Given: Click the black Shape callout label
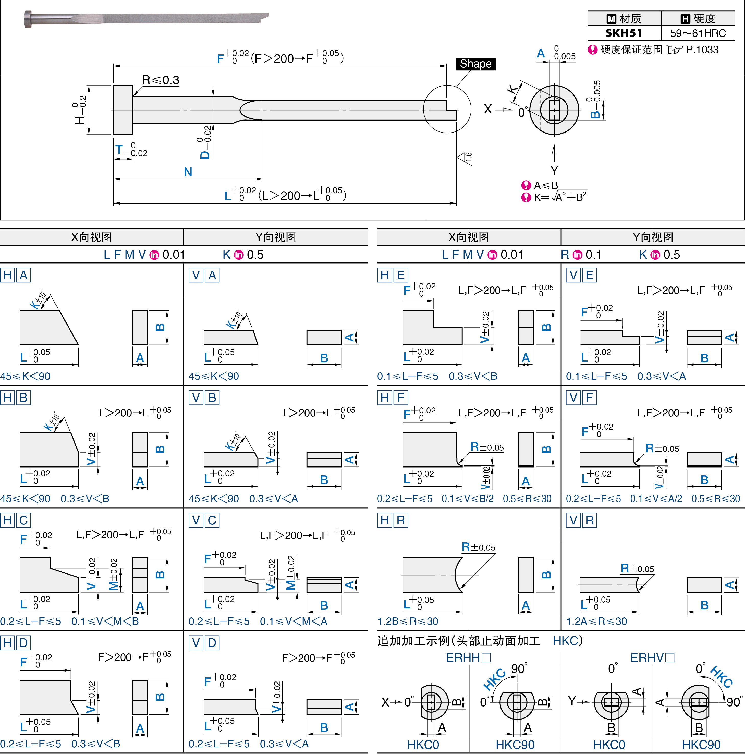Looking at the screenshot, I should pyautogui.click(x=475, y=64).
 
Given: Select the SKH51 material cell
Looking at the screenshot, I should pyautogui.click(x=624, y=33).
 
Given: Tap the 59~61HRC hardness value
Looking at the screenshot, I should pyautogui.click(x=698, y=33).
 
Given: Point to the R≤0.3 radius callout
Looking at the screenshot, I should pyautogui.click(x=160, y=80).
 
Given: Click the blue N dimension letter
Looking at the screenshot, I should pyautogui.click(x=188, y=172).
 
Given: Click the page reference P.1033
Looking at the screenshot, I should pyautogui.click(x=702, y=50).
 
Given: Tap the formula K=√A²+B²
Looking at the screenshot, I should pyautogui.click(x=560, y=197).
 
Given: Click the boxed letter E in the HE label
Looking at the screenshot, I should pyautogui.click(x=401, y=275).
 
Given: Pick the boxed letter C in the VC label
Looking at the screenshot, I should pyautogui.click(x=212, y=520).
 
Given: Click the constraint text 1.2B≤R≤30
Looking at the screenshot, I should pyautogui.click(x=408, y=621).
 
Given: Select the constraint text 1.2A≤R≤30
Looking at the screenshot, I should pyautogui.click(x=596, y=621).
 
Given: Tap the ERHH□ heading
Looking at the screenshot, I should pyautogui.click(x=468, y=657).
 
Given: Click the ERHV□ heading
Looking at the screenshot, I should pyautogui.click(x=652, y=657).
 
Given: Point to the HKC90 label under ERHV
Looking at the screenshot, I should pyautogui.click(x=701, y=745).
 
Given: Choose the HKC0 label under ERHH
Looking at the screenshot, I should pyautogui.click(x=423, y=745).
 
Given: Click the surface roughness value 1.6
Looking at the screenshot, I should pyautogui.click(x=468, y=157).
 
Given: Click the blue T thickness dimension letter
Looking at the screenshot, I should pyautogui.click(x=119, y=149).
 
